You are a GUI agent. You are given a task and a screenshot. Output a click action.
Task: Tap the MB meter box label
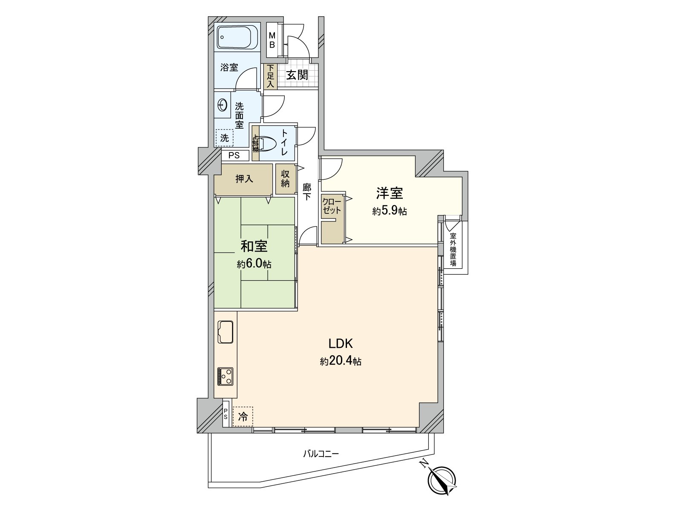point(272,40)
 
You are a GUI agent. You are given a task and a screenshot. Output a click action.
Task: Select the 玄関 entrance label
point(297,75)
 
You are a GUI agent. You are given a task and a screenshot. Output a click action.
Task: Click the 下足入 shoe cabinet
point(270,77)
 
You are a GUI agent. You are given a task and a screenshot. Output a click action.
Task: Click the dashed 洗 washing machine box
point(224,138)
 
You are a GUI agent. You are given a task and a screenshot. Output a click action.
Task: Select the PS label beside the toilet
point(234,155)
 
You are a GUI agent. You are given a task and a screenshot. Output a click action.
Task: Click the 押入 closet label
point(244,179)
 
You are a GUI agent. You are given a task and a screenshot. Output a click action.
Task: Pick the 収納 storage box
point(285,179)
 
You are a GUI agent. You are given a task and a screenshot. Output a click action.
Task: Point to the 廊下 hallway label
point(306,192)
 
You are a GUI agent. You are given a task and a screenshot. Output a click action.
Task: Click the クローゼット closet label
point(332,206)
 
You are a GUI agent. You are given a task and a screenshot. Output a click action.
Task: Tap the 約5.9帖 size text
point(389,211)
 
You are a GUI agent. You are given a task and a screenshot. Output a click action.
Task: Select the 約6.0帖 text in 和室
point(254,264)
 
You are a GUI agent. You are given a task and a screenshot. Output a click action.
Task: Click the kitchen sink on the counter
point(225,331)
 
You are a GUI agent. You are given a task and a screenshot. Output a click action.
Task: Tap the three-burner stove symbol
point(225,376)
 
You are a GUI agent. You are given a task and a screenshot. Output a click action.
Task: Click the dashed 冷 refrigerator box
point(243,416)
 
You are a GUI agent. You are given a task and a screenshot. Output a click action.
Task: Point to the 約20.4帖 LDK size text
point(341,362)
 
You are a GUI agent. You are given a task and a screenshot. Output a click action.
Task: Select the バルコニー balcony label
point(321,454)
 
